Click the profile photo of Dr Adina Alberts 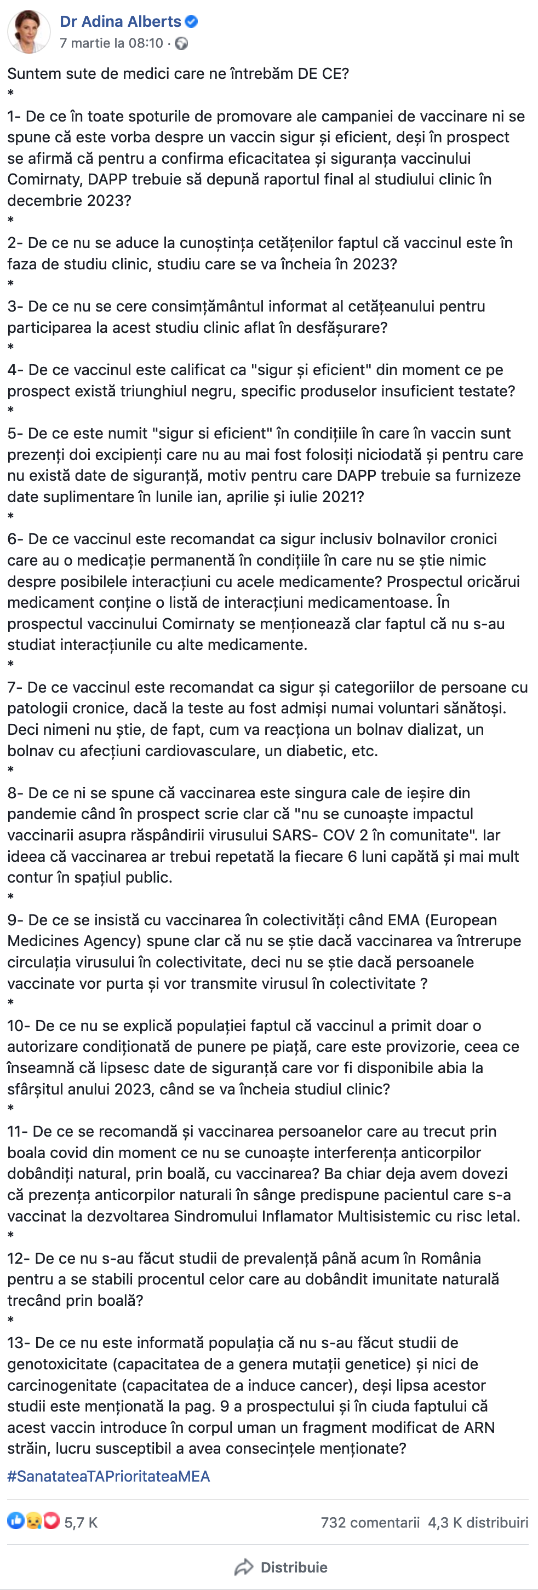28,31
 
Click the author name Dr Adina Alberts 120,21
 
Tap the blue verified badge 192,21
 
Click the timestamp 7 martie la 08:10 111,43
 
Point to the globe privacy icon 181,43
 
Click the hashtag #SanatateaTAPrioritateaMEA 108,1476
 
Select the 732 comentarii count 369,1522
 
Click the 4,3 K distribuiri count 478,1522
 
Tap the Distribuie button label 294,1567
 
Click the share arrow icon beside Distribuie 244,1567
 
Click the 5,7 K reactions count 81,1523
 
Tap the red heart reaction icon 52,1522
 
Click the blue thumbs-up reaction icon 15,1522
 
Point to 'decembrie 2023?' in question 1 69,200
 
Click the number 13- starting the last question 19,1343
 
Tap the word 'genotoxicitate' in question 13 57,1363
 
